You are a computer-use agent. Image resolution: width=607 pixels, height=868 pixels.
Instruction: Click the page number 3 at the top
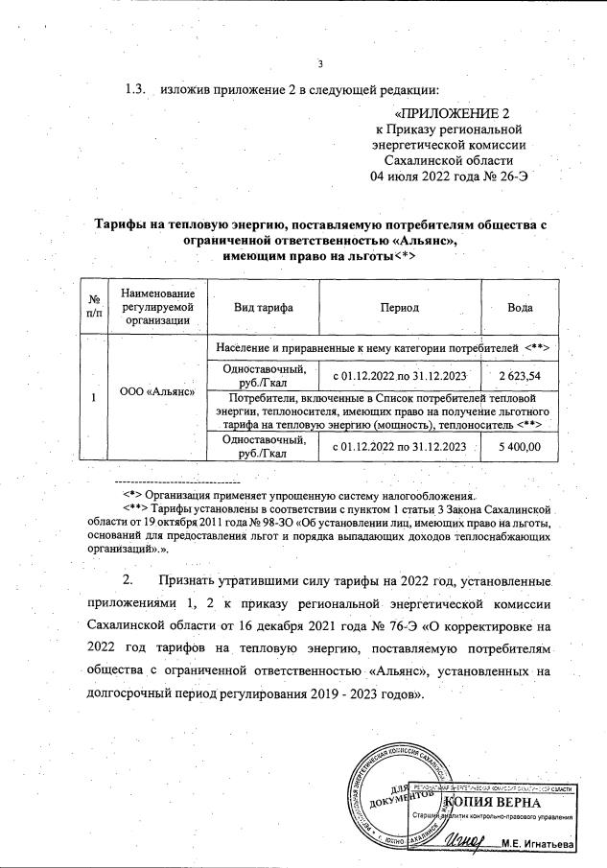pos(321,64)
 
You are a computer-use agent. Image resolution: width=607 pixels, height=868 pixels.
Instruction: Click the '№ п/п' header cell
pos(92,307)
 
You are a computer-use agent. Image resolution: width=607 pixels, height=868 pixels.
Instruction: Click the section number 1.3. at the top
pos(135,90)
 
